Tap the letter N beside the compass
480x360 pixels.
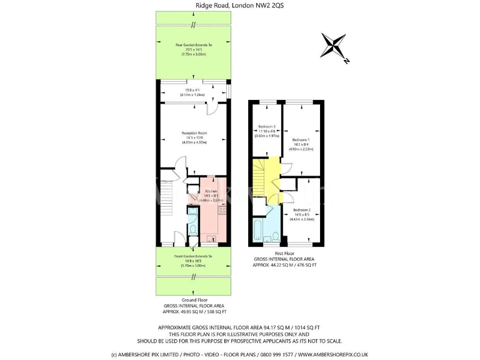tap(346, 60)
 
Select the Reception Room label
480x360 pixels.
tap(194, 133)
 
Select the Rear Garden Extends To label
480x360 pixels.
tap(194, 46)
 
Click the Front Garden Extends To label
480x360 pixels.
tap(194, 256)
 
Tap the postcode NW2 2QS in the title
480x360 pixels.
tap(277, 6)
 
